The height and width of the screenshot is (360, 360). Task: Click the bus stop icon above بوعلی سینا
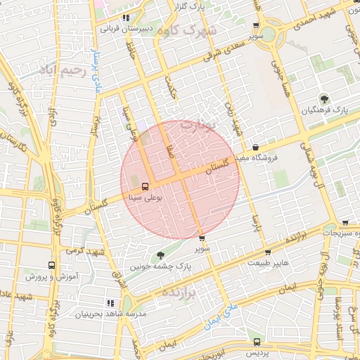[145, 187]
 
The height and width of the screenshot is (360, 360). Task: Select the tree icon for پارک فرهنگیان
[324, 99]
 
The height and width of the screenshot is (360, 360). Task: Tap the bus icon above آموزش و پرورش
[51, 266]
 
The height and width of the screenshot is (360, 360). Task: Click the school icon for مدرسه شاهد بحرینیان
[110, 302]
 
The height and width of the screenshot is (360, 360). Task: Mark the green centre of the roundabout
[267, 33]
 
